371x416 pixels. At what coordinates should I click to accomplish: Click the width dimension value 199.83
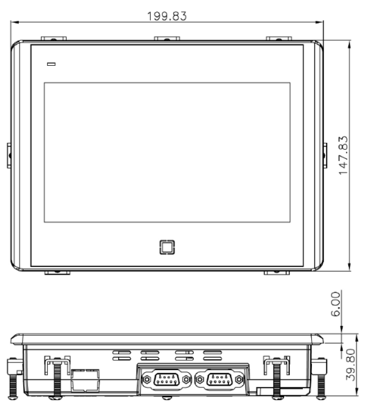click(167, 15)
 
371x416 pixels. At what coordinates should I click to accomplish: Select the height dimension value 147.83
click(344, 155)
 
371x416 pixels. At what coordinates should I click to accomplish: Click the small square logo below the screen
click(167, 246)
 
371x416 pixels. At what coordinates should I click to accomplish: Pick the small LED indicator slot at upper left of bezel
click(51, 64)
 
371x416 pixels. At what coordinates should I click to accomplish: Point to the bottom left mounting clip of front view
click(57, 272)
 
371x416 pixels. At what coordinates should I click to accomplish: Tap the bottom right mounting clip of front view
click(277, 272)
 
